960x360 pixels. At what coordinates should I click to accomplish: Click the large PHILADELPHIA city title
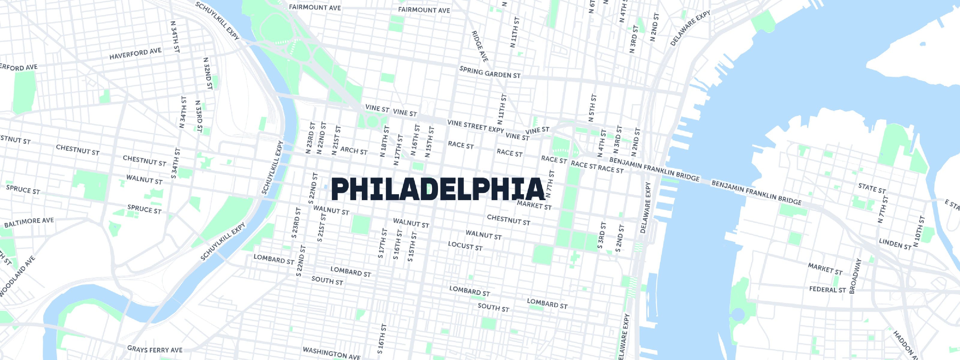[x=438, y=190]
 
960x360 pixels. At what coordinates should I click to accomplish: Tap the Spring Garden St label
[x=490, y=72]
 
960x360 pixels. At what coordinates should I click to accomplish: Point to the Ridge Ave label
[x=480, y=46]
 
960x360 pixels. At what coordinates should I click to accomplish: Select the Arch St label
[x=354, y=151]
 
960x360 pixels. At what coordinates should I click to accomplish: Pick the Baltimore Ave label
[x=29, y=223]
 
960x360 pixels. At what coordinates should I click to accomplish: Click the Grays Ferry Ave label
[x=155, y=349]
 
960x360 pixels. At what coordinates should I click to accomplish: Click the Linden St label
[x=895, y=243]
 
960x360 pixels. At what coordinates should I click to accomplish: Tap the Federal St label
[x=827, y=289]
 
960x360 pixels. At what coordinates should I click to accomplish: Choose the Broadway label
[x=855, y=276]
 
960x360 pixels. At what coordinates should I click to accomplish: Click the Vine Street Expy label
[x=475, y=126]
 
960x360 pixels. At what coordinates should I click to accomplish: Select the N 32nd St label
[x=208, y=73]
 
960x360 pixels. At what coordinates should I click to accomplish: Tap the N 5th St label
[x=592, y=108]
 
